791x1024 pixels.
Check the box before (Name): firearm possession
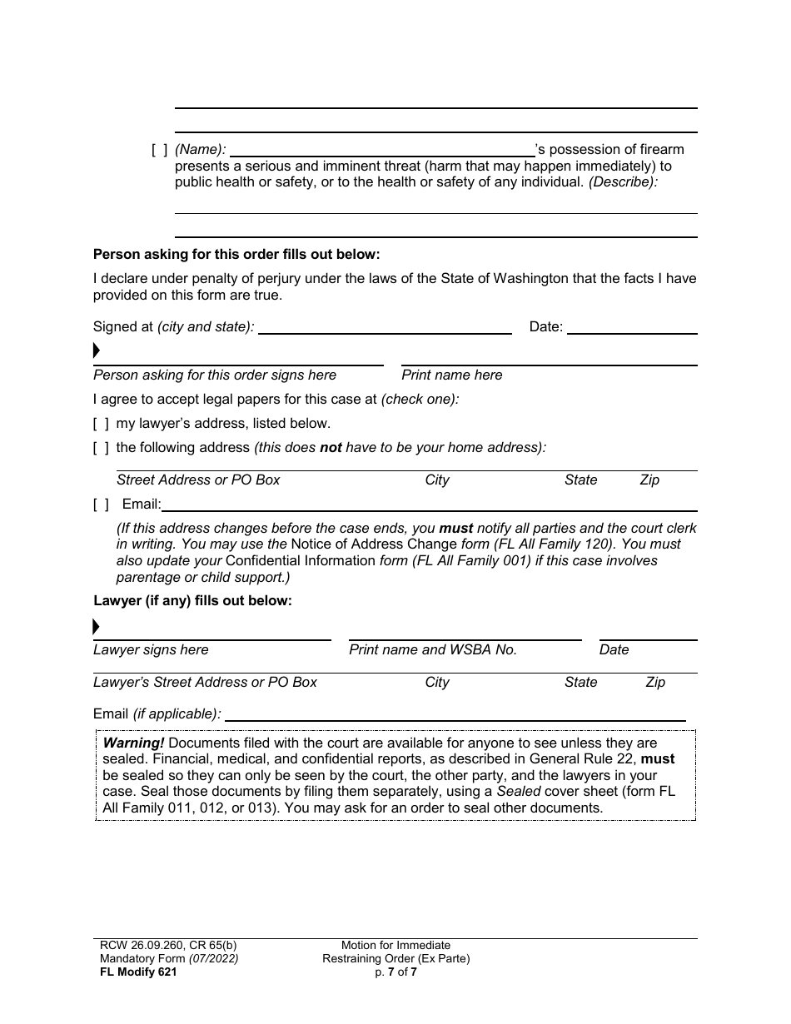click(x=159, y=150)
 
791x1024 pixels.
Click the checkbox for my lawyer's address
click(x=101, y=423)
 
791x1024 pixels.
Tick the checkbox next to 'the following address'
click(x=101, y=448)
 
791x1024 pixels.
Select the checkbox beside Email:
click(x=101, y=504)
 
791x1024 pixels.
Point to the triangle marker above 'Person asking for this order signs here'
click(x=97, y=350)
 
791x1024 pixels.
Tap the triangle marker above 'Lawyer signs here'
click(x=97, y=626)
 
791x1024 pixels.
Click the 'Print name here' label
click(x=452, y=375)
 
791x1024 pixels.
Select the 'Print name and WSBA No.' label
click(x=433, y=650)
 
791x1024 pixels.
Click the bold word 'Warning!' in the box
click(x=133, y=743)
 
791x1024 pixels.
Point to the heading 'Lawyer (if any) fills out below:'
click(x=192, y=600)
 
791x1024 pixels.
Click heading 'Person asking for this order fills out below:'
click(x=236, y=254)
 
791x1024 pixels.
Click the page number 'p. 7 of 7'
click(x=395, y=972)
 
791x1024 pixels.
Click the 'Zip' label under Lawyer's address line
click(x=655, y=683)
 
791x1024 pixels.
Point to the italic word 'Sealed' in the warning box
click(x=519, y=791)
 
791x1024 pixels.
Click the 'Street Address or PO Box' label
click(x=198, y=480)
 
